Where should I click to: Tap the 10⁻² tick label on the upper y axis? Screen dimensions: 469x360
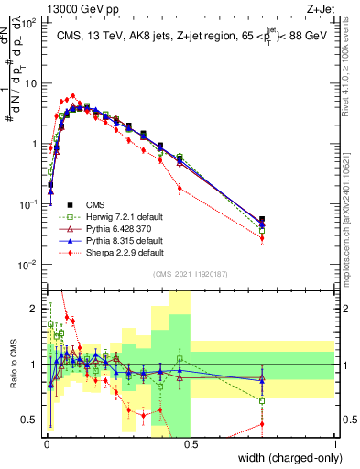(x=30, y=265)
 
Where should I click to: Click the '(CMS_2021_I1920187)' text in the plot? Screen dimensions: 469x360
(x=190, y=274)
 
